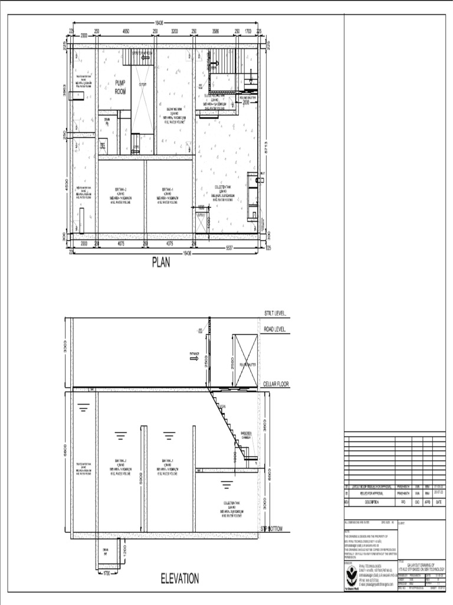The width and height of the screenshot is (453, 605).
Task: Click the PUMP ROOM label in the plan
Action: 120,87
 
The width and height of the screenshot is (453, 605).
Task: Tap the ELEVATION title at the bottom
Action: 180,578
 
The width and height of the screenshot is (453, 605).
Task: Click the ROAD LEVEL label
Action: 275,330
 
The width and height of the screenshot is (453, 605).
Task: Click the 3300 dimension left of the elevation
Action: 66,352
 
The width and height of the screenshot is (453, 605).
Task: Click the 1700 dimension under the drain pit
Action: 107,573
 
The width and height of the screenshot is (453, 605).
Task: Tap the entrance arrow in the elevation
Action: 194,356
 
